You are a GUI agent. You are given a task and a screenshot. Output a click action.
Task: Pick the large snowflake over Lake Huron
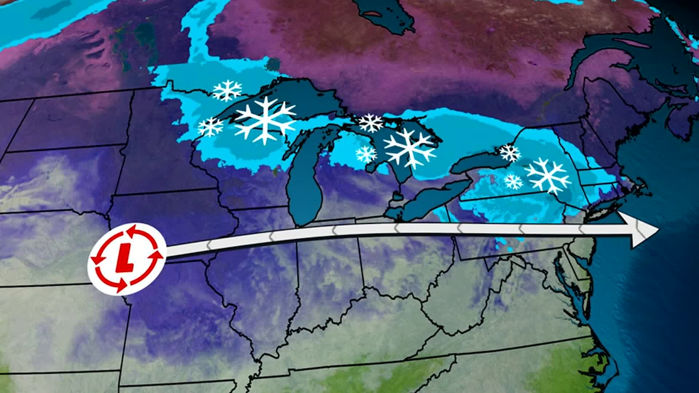pyautogui.click(x=410, y=148)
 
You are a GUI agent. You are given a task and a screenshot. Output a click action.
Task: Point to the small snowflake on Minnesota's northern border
pyautogui.click(x=227, y=91)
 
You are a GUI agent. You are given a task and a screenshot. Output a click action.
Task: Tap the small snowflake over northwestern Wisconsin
pyautogui.click(x=210, y=127)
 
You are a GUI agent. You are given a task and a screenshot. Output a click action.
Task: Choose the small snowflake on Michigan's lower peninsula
pyautogui.click(x=366, y=154)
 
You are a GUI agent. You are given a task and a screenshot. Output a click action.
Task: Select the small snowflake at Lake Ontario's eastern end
pyautogui.click(x=510, y=153)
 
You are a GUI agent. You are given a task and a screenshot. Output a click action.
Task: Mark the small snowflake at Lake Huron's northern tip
pyautogui.click(x=371, y=123)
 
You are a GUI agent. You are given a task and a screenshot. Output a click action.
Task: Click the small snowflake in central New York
pyautogui.click(x=513, y=181)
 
